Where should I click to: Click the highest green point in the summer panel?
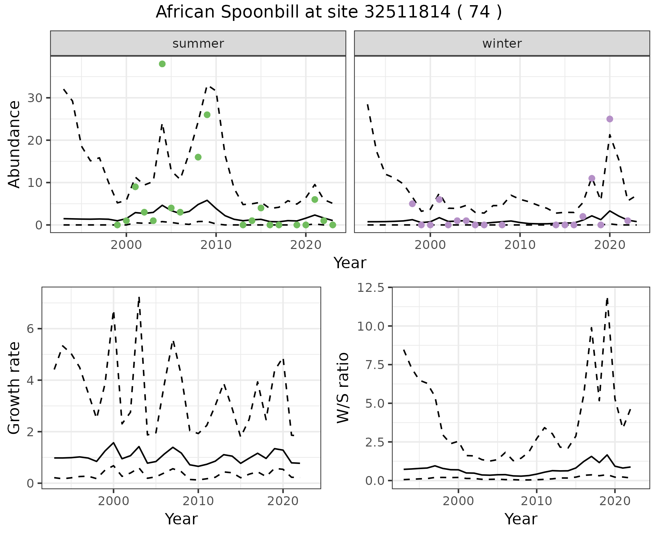162,64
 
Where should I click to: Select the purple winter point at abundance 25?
610,119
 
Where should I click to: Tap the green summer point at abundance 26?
207,115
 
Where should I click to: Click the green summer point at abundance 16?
198,157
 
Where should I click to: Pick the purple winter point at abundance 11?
592,178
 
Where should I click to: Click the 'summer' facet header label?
198,44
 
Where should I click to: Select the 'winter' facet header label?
502,44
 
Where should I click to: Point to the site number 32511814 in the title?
407,12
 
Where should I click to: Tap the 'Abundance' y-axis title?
14,144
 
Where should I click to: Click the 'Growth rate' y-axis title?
14,388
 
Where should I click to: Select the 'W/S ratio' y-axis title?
343,388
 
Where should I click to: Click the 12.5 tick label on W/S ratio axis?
371,287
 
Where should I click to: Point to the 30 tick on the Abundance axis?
34,98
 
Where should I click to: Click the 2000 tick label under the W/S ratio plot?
458,501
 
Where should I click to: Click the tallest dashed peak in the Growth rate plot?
139,297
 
